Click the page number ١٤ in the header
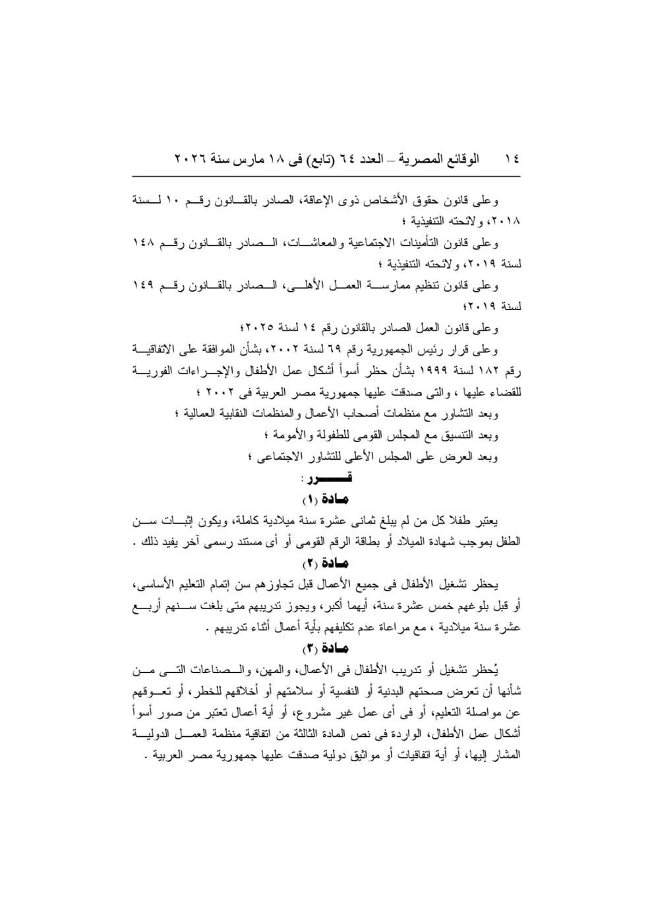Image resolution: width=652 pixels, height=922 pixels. (x=511, y=160)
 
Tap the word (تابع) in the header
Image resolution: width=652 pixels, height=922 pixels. (x=316, y=160)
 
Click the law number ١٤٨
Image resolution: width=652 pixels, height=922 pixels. (x=144, y=243)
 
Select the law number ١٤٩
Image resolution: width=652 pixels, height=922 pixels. (x=144, y=286)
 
